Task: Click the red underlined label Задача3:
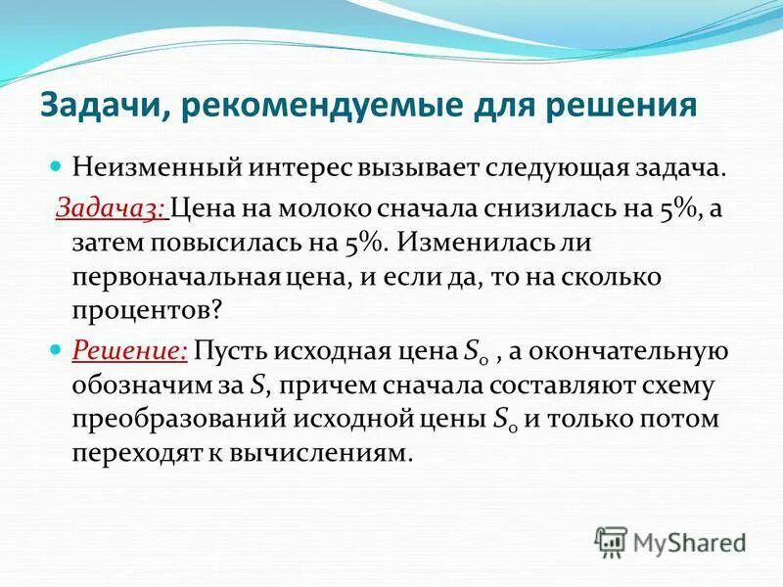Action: point(111,205)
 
